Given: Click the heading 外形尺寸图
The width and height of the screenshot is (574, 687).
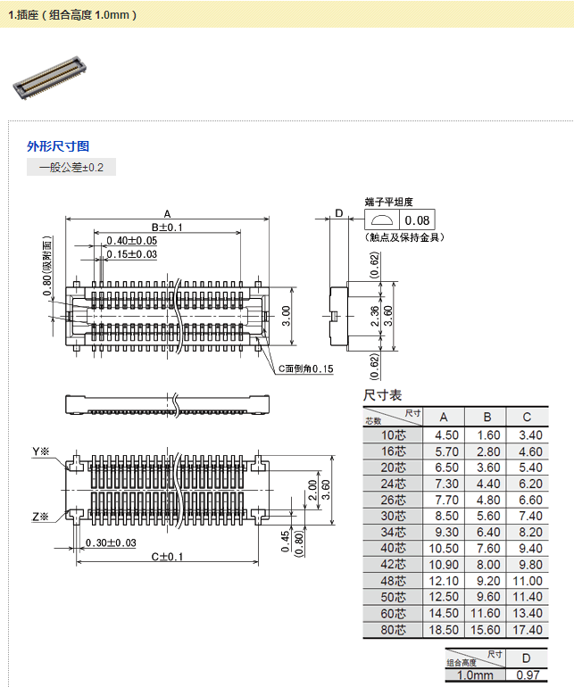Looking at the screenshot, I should [58, 146].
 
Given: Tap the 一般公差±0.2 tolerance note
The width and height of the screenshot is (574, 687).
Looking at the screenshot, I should [71, 168].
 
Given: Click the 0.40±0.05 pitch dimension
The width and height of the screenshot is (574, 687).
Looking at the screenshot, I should [131, 241].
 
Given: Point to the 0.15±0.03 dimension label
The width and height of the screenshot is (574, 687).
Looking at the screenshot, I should [131, 254].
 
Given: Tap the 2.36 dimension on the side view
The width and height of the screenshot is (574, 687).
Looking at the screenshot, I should [376, 315].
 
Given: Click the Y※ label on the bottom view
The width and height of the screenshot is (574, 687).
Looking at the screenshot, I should [40, 452].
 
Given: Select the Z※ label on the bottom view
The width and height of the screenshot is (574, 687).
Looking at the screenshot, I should [40, 517].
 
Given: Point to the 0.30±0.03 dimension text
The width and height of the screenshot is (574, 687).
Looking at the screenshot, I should [111, 543].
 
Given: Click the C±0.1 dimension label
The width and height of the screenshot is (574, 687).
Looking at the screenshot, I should [167, 557].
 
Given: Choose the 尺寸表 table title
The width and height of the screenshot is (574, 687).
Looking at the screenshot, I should [382, 395].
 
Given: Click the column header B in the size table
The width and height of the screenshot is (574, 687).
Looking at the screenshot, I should [487, 417].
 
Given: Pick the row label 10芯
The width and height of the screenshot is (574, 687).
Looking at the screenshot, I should [394, 435].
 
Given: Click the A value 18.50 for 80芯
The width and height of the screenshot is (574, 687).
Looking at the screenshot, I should [445, 630].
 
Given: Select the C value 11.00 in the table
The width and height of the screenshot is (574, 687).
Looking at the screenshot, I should [530, 580].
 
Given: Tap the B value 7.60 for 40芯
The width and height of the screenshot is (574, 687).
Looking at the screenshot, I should [487, 548].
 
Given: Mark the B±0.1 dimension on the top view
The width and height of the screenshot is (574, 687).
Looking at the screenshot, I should [167, 228].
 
